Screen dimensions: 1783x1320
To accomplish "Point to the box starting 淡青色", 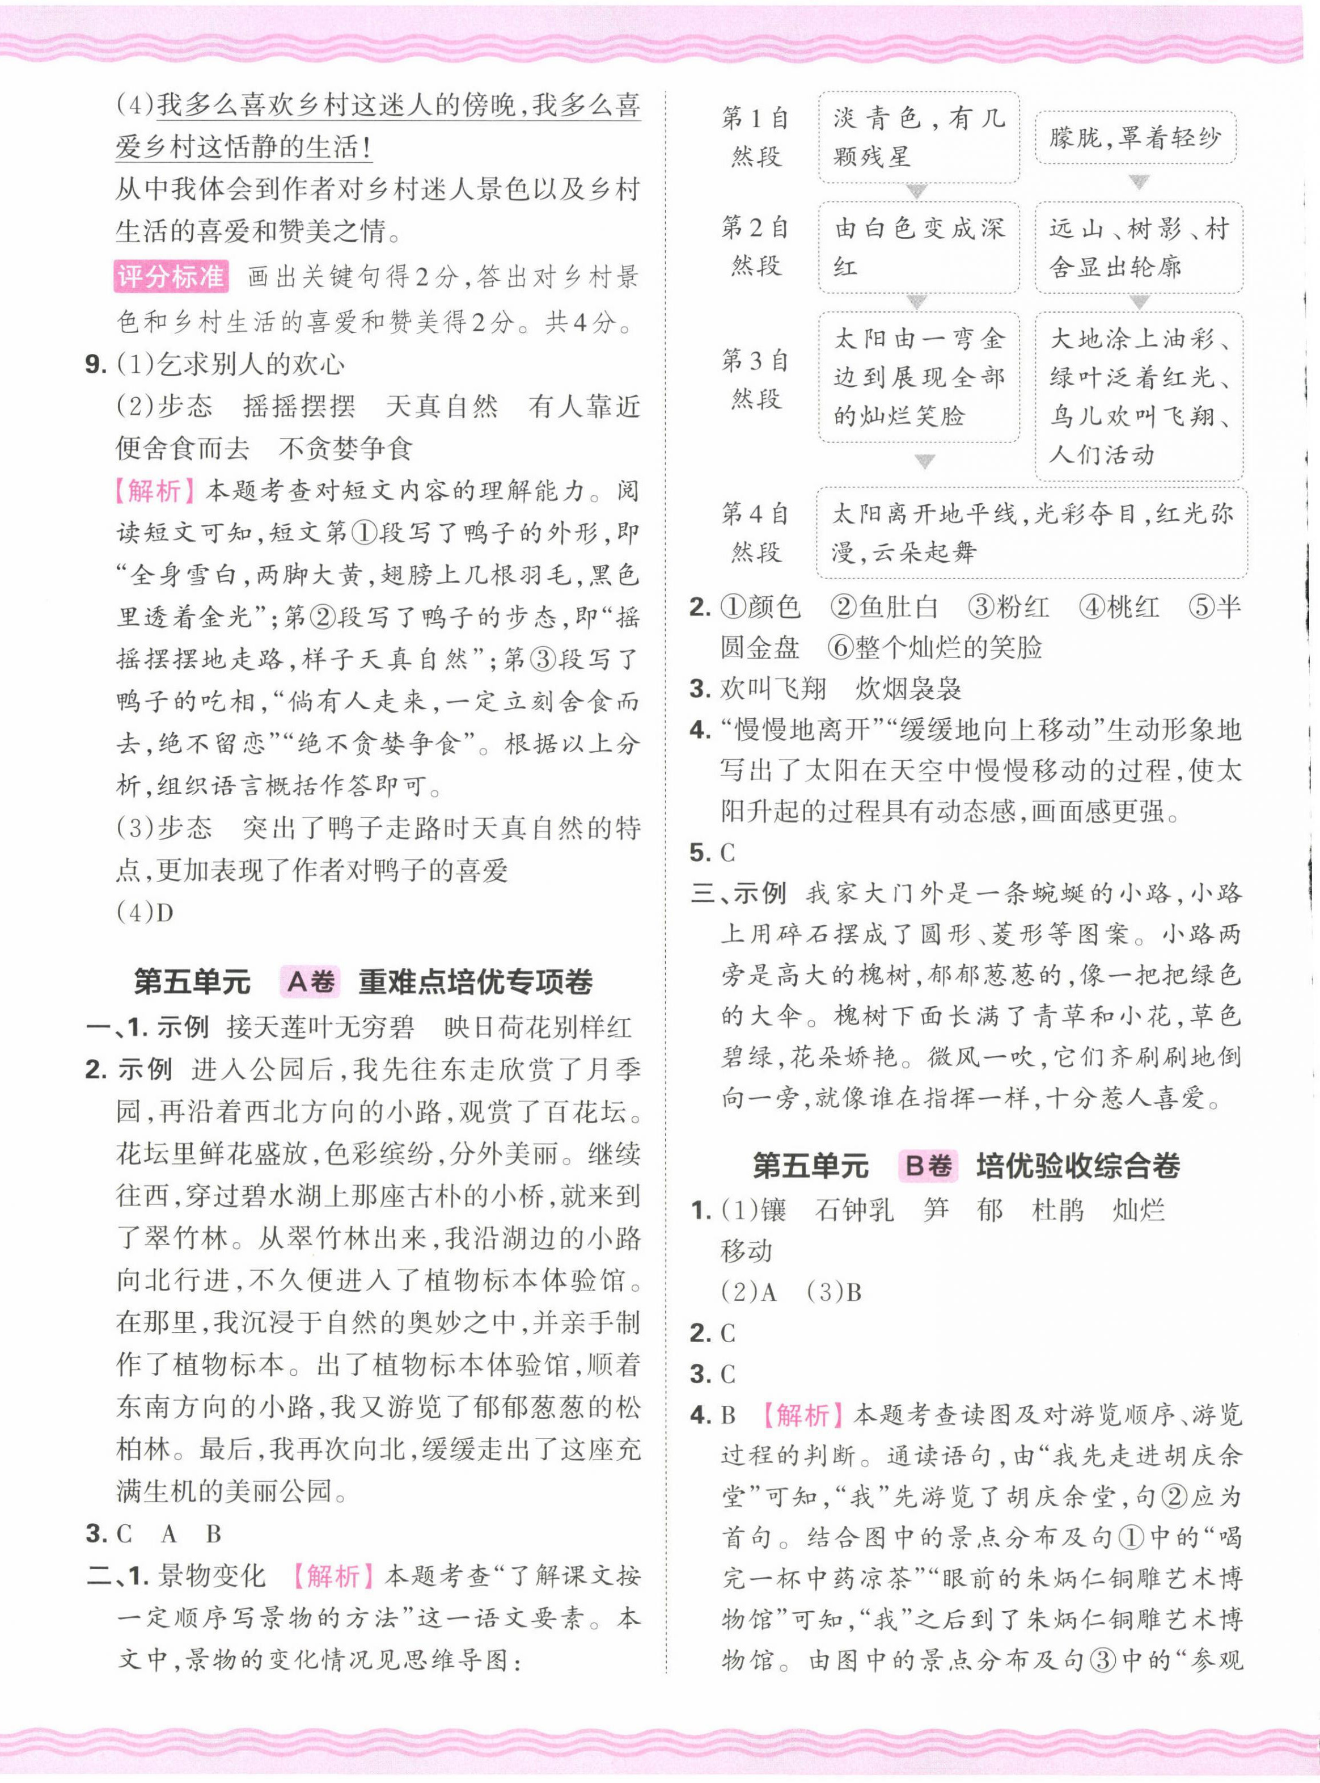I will pos(918,137).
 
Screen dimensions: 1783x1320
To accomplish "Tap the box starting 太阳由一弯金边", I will pos(918,377).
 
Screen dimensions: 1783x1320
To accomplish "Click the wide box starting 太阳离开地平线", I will pos(1031,532).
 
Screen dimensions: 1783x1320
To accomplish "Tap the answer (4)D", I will pos(145,912).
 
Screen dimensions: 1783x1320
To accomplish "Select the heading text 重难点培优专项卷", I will pos(475,981).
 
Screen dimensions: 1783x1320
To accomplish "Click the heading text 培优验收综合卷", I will pos(1077,1166).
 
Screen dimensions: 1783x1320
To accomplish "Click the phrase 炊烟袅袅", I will pos(908,688).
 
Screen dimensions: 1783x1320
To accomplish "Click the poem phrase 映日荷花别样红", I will pos(537,1027).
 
